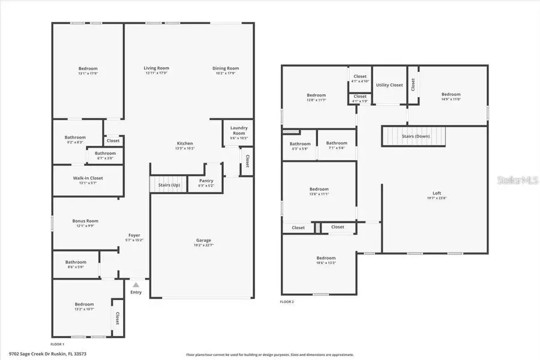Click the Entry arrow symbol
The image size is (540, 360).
(x=136, y=285)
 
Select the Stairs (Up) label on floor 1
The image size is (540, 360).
(x=168, y=185)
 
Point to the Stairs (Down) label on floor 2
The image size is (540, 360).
(x=416, y=136)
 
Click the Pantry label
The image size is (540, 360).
(x=206, y=183)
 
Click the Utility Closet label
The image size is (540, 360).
(x=389, y=85)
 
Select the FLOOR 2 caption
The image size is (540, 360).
(x=287, y=302)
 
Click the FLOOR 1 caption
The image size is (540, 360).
(x=57, y=344)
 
